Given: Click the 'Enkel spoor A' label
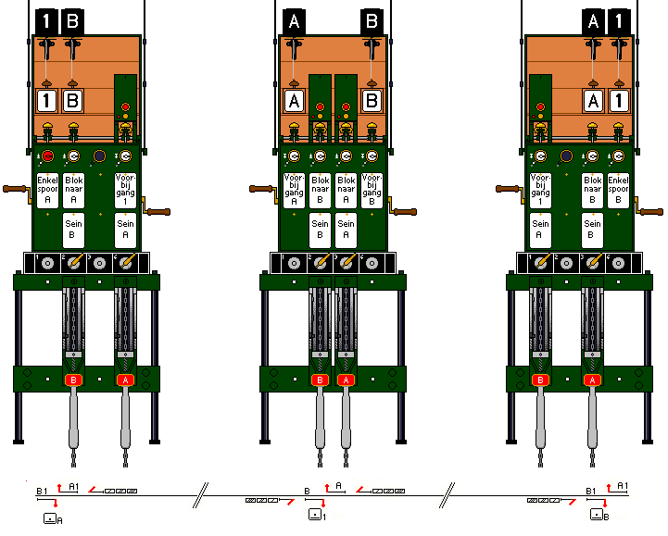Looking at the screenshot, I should point(47,189).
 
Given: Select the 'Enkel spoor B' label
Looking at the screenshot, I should point(618,189).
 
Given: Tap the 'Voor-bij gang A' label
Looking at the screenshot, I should point(294,189).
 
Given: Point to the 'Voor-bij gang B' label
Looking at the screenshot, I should point(372,189).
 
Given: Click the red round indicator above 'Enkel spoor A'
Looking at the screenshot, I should point(47,156).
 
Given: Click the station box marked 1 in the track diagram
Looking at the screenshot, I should point(317,515).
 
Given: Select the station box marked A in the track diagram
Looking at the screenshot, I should point(52,519).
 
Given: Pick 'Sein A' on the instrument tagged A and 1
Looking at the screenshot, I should point(540,230).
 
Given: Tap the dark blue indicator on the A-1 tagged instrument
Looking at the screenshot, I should point(566,156).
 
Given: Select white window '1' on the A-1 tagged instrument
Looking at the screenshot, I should point(618,100).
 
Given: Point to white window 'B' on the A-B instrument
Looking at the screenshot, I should point(372,100).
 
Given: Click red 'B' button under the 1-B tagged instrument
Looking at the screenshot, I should point(73,380).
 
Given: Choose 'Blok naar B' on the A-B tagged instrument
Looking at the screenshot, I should point(320,189).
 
